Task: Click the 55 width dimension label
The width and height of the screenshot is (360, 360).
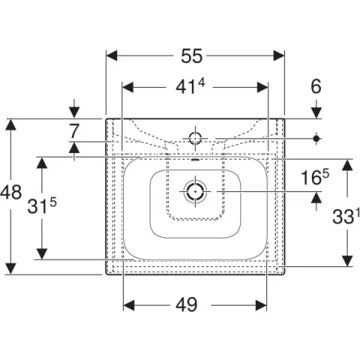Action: (x=191, y=56)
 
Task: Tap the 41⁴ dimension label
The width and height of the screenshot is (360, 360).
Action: (x=190, y=86)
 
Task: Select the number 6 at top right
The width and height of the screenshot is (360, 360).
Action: (x=316, y=87)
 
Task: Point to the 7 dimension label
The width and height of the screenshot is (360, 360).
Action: (x=74, y=131)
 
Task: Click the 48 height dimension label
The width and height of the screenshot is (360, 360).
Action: (x=10, y=193)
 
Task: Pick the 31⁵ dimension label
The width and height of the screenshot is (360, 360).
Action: (x=42, y=205)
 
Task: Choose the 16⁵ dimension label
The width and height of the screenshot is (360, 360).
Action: (x=315, y=177)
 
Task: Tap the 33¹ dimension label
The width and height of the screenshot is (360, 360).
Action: (x=346, y=216)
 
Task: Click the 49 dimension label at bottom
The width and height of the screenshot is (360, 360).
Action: (x=186, y=304)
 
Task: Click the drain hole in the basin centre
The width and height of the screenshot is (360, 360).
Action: (x=195, y=191)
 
